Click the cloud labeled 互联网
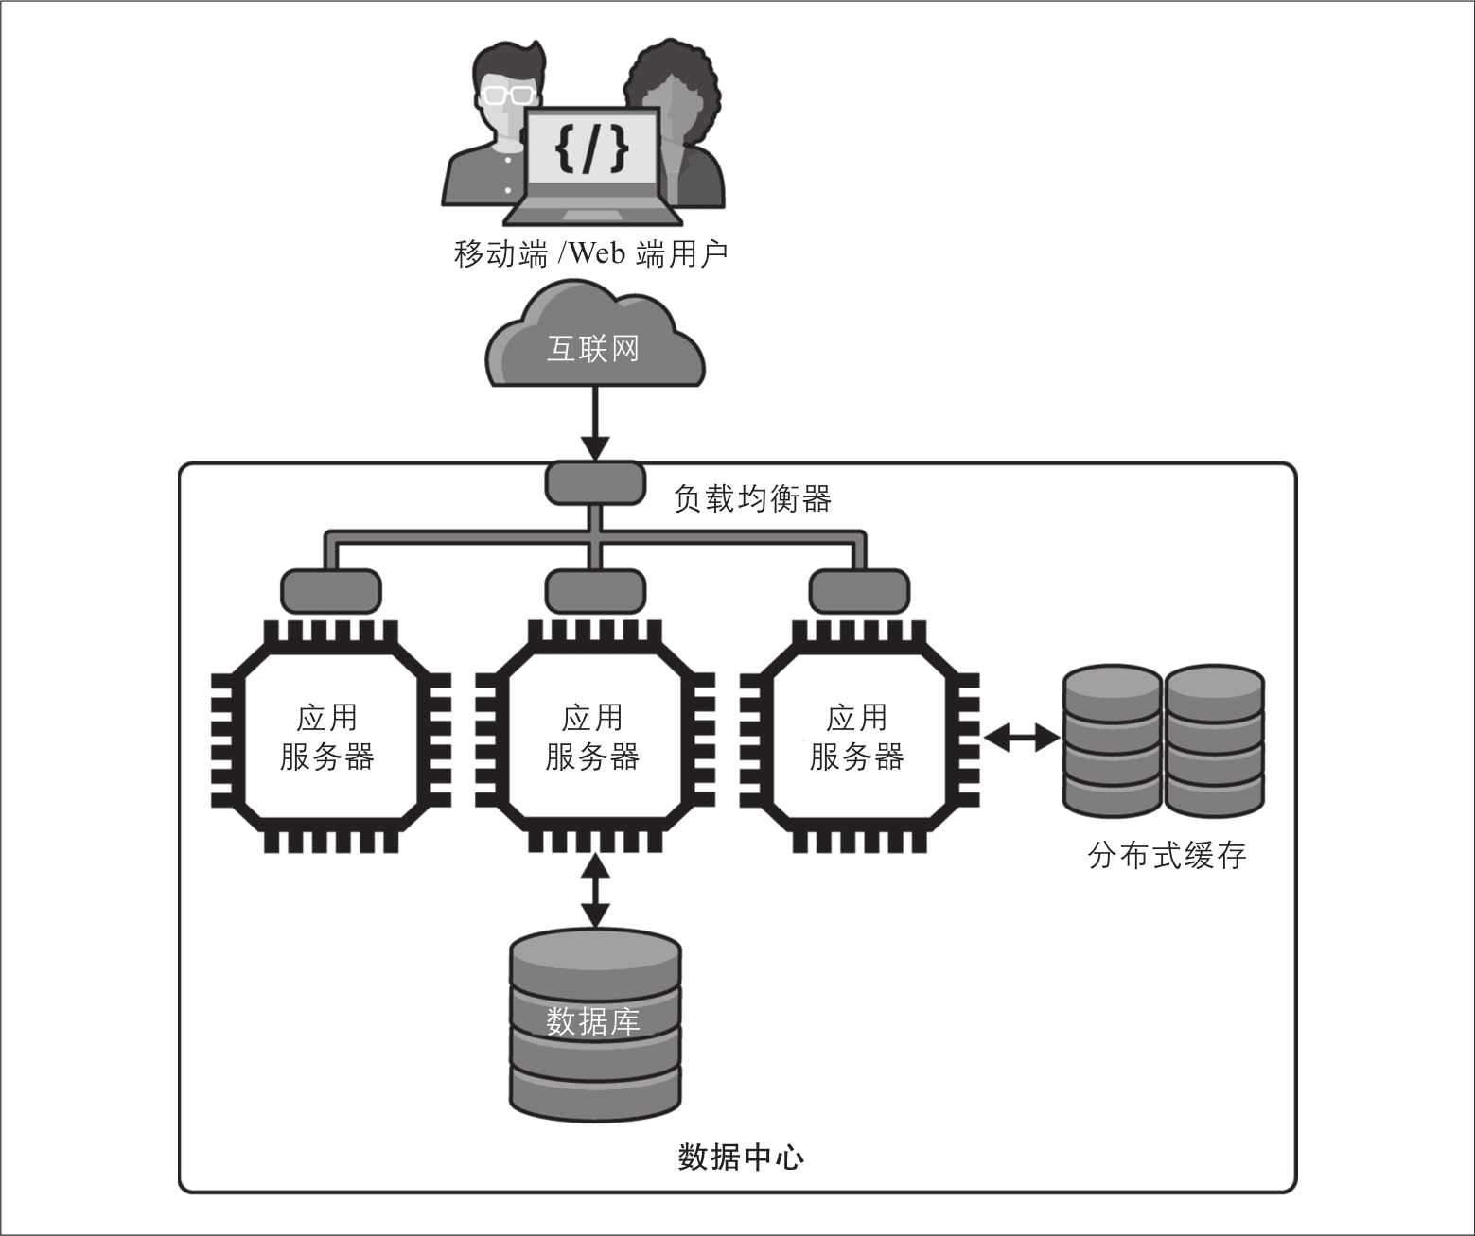click(x=594, y=346)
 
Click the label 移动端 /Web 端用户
click(x=590, y=253)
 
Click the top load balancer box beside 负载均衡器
click(x=595, y=482)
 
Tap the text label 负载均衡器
click(x=752, y=498)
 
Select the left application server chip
click(x=329, y=738)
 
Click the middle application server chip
click(x=594, y=738)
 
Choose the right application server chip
click(x=858, y=738)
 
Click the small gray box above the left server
click(x=330, y=591)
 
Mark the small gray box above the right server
click(x=859, y=591)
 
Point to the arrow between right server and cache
click(x=1022, y=738)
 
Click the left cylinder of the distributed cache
click(x=1112, y=741)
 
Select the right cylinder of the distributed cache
click(x=1215, y=741)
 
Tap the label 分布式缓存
click(x=1167, y=856)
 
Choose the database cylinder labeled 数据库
click(x=595, y=1026)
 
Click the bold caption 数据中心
click(x=741, y=1157)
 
